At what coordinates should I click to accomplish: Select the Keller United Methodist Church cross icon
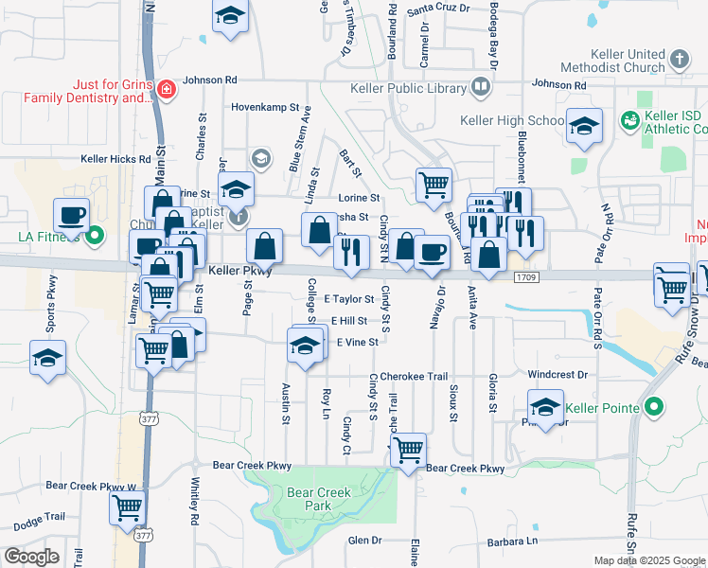[x=678, y=61]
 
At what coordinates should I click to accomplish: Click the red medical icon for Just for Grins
[x=166, y=90]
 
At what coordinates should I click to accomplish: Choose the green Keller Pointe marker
[x=652, y=409]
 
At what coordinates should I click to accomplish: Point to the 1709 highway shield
[x=527, y=277]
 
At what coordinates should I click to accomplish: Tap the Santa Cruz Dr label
[x=438, y=9]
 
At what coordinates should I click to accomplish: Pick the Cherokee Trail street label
[x=415, y=376]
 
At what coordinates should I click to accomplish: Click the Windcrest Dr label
[x=558, y=375]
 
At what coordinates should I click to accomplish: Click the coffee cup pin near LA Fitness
[x=72, y=215]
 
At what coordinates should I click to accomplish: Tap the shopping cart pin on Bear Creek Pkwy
[x=408, y=451]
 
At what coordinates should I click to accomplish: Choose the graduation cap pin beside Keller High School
[x=584, y=124]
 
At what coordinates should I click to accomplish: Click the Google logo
[x=32, y=557]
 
